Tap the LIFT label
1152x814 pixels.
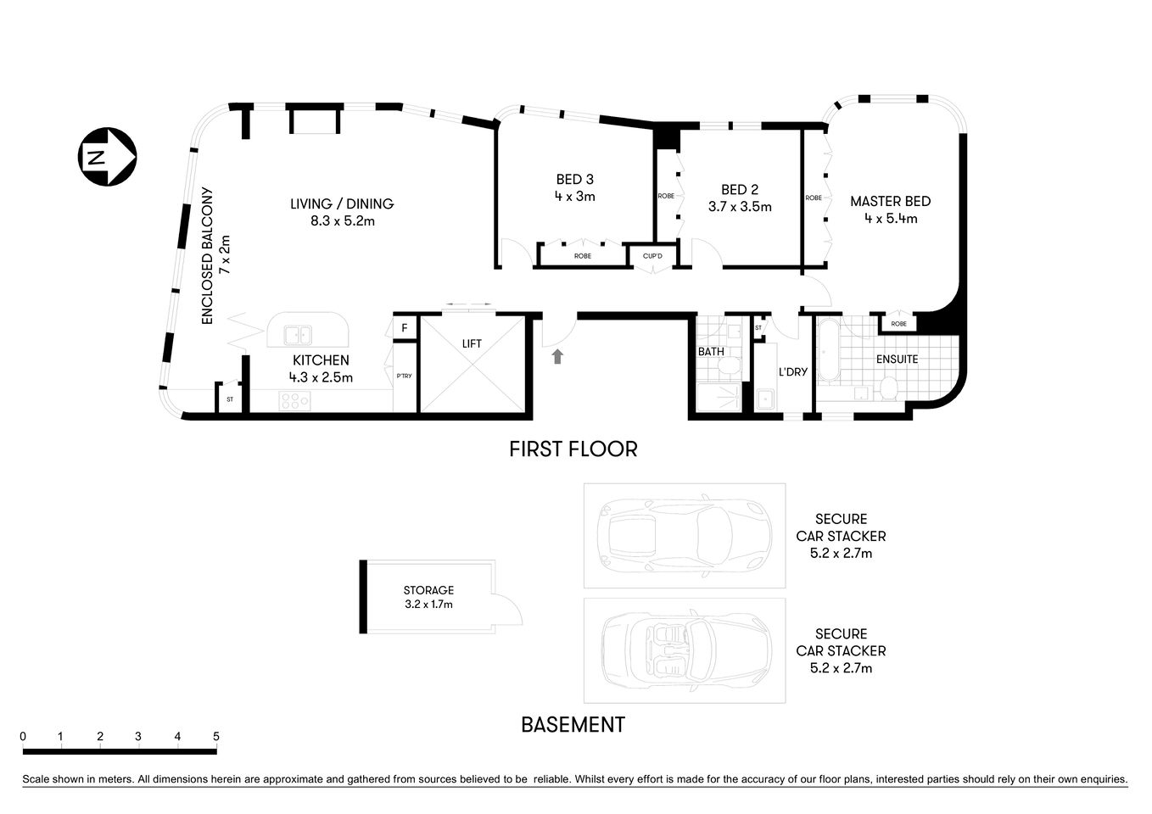pos(472,343)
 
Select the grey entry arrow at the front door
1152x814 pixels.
pos(557,356)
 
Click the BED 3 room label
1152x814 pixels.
pos(574,179)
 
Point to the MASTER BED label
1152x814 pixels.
pos(890,202)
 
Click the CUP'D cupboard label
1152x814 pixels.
pos(652,255)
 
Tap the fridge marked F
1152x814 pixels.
pos(405,327)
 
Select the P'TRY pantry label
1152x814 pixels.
pos(404,376)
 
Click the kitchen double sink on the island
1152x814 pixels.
pos(298,334)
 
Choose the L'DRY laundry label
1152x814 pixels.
pos(792,371)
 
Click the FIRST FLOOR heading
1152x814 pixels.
pos(573,449)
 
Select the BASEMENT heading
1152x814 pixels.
pos(573,725)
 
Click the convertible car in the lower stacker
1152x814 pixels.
pos(685,649)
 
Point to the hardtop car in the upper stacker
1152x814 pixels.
pos(684,535)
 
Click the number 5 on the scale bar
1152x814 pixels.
pos(216,736)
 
